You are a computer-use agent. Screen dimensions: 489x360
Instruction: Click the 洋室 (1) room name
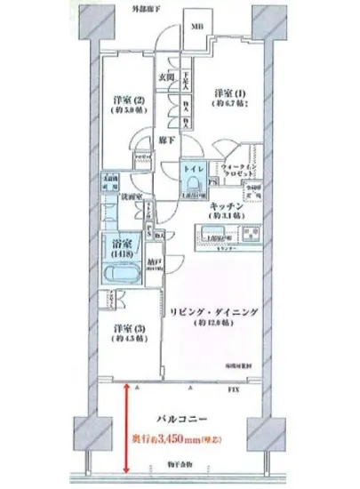coord(230,92)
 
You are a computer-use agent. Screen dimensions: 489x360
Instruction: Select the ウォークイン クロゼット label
coord(238,171)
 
